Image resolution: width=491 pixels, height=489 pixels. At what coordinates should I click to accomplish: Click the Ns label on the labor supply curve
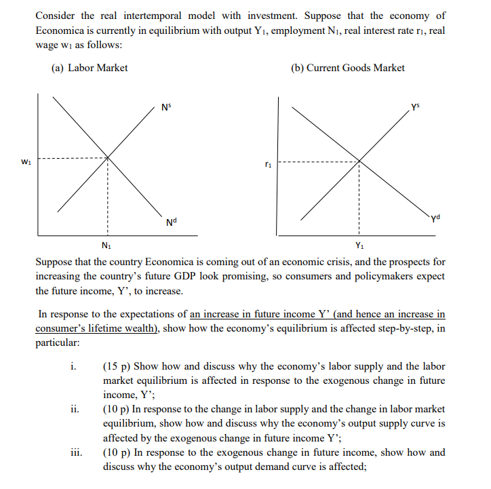tap(165, 106)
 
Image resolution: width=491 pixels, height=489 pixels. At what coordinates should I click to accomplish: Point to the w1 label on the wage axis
tap(26, 161)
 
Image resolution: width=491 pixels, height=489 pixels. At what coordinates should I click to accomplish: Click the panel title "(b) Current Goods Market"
tap(347, 68)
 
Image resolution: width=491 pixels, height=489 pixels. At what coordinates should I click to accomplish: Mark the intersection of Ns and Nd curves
tap(107, 159)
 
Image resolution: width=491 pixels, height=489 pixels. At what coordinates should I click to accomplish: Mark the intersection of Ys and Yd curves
tap(358, 161)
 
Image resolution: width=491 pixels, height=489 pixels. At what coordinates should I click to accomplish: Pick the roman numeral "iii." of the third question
tap(75, 452)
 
